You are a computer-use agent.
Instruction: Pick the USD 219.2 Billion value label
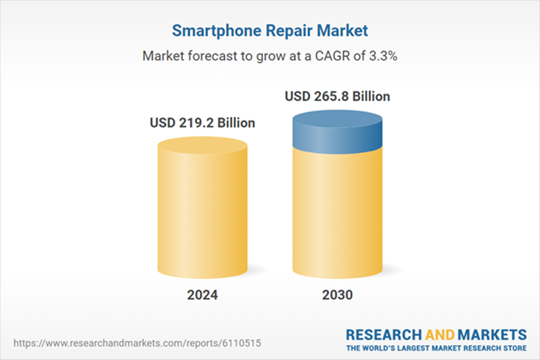coord(202,123)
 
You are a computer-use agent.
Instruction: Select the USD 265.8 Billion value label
coord(337,96)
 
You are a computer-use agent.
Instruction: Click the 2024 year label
coord(202,295)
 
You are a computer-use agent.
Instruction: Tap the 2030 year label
coord(337,295)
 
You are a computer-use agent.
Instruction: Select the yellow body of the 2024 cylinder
coord(202,216)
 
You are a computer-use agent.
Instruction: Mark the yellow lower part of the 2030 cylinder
coord(337,216)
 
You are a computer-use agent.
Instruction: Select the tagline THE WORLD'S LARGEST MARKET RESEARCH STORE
coord(436,348)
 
